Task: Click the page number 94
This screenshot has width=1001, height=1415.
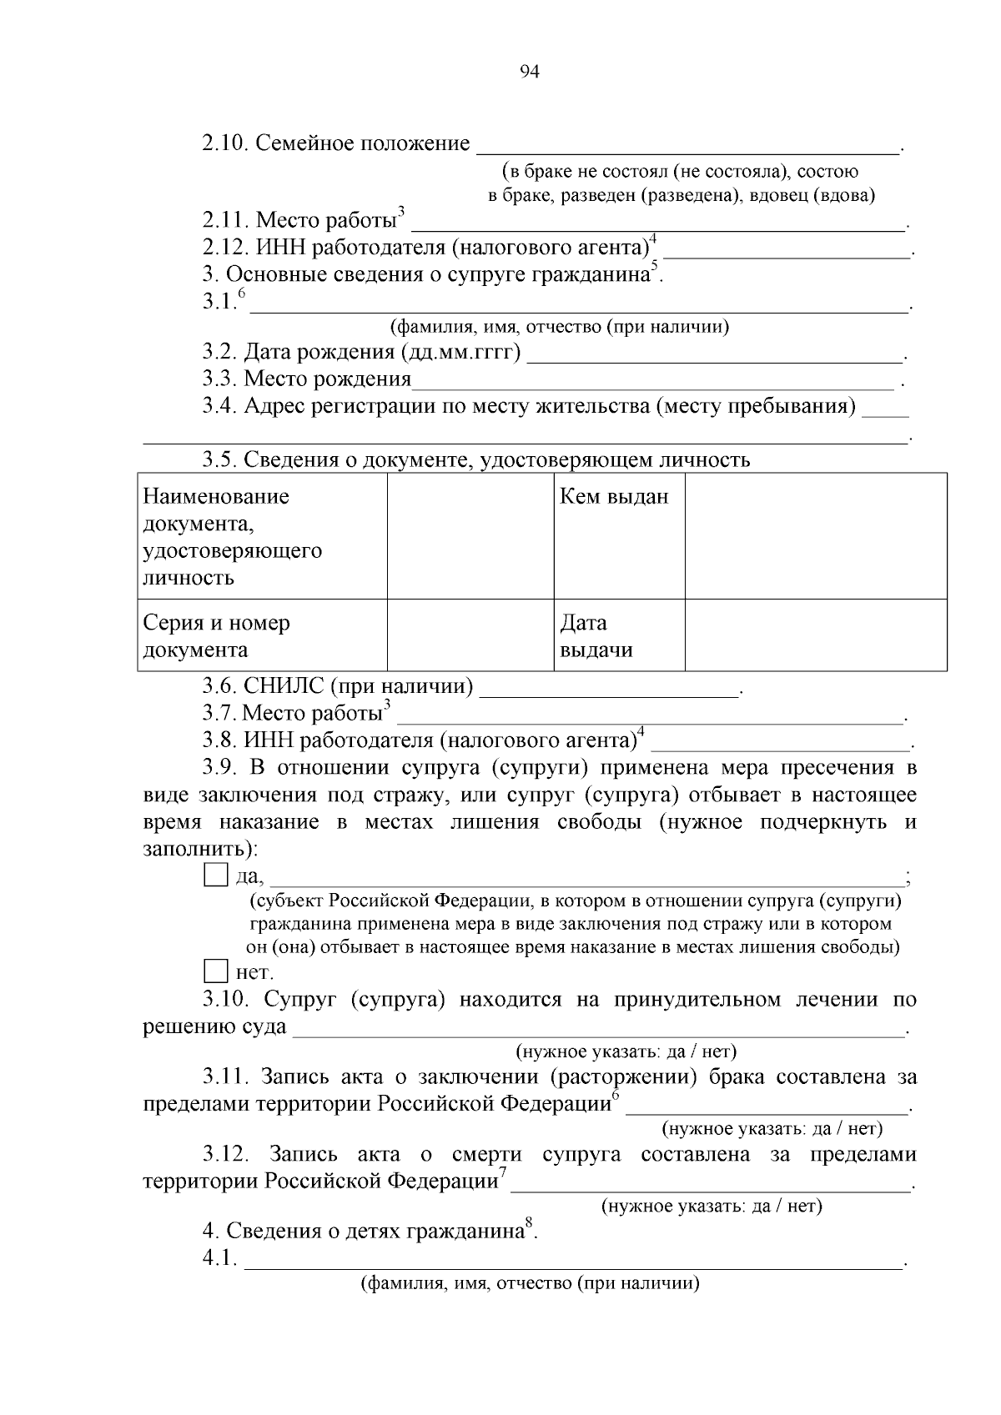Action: (530, 72)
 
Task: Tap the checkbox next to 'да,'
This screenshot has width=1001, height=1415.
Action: (215, 876)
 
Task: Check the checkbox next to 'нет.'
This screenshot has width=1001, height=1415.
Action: (215, 971)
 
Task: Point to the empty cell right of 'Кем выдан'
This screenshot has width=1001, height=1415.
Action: (815, 535)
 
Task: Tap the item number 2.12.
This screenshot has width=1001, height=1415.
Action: (226, 248)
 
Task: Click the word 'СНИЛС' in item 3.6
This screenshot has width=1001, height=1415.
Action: (283, 686)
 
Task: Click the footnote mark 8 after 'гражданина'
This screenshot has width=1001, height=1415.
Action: (528, 1223)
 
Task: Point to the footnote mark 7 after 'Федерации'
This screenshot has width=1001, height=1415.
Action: (503, 1173)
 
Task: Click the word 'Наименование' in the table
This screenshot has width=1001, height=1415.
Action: (216, 497)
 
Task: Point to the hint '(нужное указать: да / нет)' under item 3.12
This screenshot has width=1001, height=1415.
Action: (712, 1206)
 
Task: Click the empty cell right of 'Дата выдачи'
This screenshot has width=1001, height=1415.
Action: (815, 635)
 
